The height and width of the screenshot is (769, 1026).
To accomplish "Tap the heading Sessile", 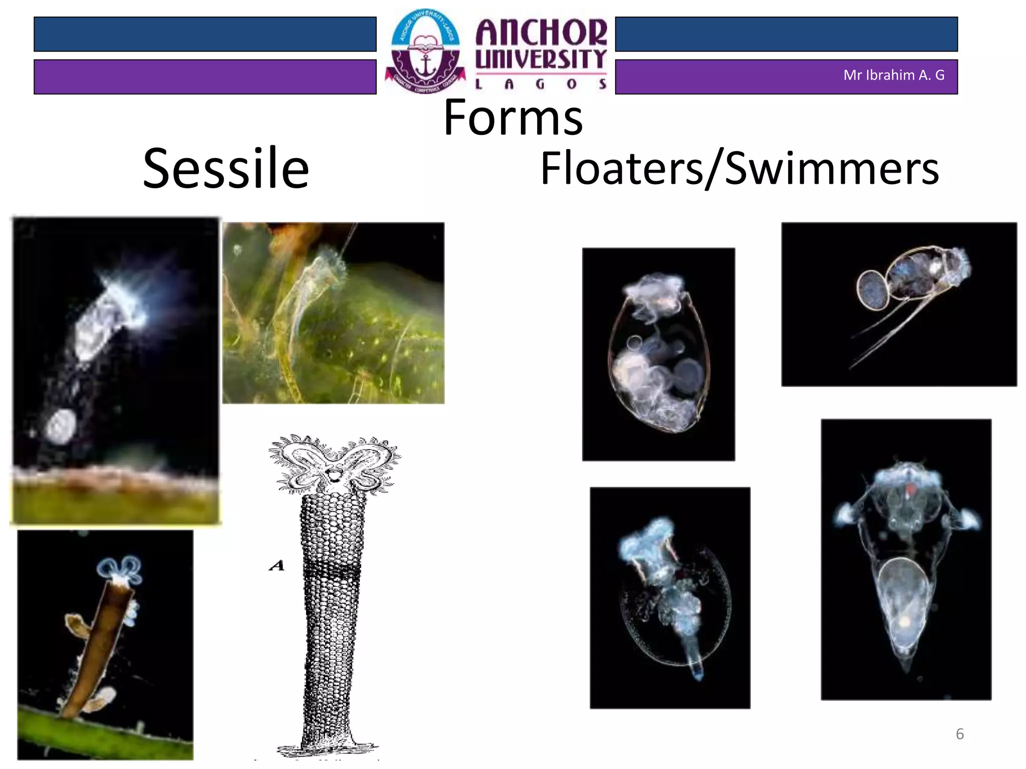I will pyautogui.click(x=226, y=168).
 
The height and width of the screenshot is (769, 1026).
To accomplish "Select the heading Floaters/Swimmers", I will pyautogui.click(x=739, y=168).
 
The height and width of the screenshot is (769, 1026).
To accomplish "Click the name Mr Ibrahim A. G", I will pyautogui.click(x=894, y=75).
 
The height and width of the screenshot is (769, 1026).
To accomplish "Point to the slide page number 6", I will pyautogui.click(x=959, y=734).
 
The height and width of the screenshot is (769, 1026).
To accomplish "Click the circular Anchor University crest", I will pyautogui.click(x=425, y=52).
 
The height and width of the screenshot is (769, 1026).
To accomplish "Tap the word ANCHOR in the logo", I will pyautogui.click(x=541, y=33).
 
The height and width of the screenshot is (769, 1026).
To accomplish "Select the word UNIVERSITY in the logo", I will pyautogui.click(x=541, y=60).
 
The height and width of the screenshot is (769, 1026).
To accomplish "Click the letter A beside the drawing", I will pyautogui.click(x=277, y=566).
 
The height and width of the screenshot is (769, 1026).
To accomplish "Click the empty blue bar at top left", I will pyautogui.click(x=205, y=34).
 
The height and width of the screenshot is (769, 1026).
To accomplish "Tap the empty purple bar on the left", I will pyautogui.click(x=205, y=77).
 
